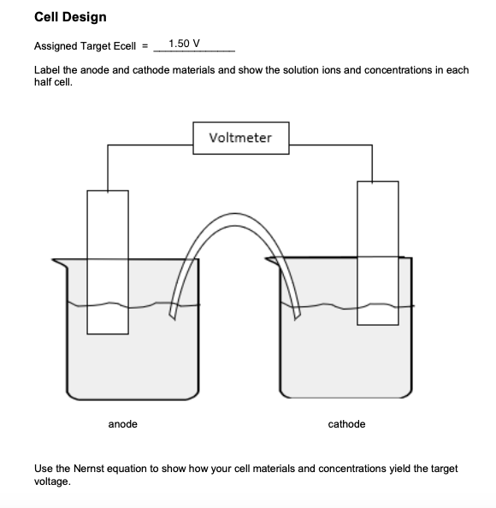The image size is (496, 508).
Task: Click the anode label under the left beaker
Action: point(122,424)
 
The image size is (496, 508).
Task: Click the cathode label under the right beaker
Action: point(346,424)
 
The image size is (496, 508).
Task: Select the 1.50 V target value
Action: point(185,44)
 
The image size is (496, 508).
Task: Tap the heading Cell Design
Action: point(70,17)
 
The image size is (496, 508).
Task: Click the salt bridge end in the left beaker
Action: point(174,311)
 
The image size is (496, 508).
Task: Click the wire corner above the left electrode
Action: point(108,146)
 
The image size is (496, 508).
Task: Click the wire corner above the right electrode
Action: point(372,146)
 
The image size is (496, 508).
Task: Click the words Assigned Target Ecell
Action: point(86,44)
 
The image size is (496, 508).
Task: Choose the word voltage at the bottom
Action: point(51,481)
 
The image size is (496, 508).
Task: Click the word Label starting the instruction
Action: point(46,70)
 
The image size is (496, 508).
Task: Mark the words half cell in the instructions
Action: point(54,82)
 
